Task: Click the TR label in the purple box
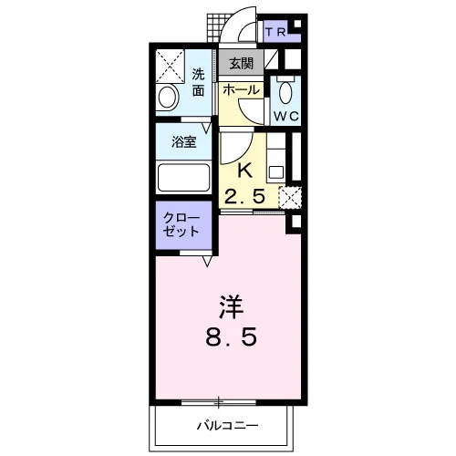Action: click(x=275, y=32)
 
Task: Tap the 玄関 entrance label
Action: click(x=241, y=64)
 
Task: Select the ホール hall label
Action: click(x=241, y=90)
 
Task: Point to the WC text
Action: click(x=286, y=116)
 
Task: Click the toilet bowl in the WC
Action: click(x=285, y=92)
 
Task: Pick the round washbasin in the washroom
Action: click(x=167, y=98)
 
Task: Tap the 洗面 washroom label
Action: click(x=198, y=82)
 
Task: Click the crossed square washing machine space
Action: click(x=171, y=67)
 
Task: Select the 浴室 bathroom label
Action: click(x=183, y=141)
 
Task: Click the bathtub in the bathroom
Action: click(x=184, y=178)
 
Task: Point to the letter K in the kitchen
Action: click(x=245, y=171)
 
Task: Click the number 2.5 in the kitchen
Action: click(x=244, y=196)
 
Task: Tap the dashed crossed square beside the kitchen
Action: click(x=290, y=198)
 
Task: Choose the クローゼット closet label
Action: click(x=181, y=224)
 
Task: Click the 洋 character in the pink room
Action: click(x=232, y=307)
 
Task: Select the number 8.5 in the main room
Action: click(x=232, y=337)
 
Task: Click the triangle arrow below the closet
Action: click(x=207, y=261)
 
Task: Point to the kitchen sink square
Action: click(x=276, y=172)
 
